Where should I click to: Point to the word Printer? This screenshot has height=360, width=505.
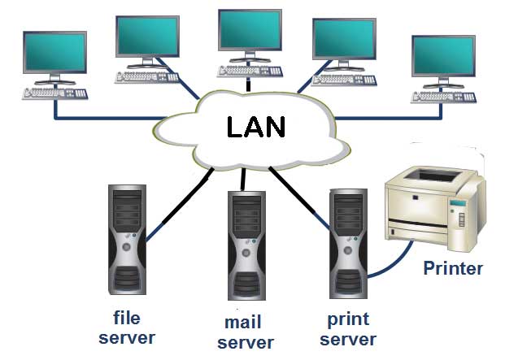click(x=453, y=269)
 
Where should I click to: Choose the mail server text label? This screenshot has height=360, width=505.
click(x=245, y=334)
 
